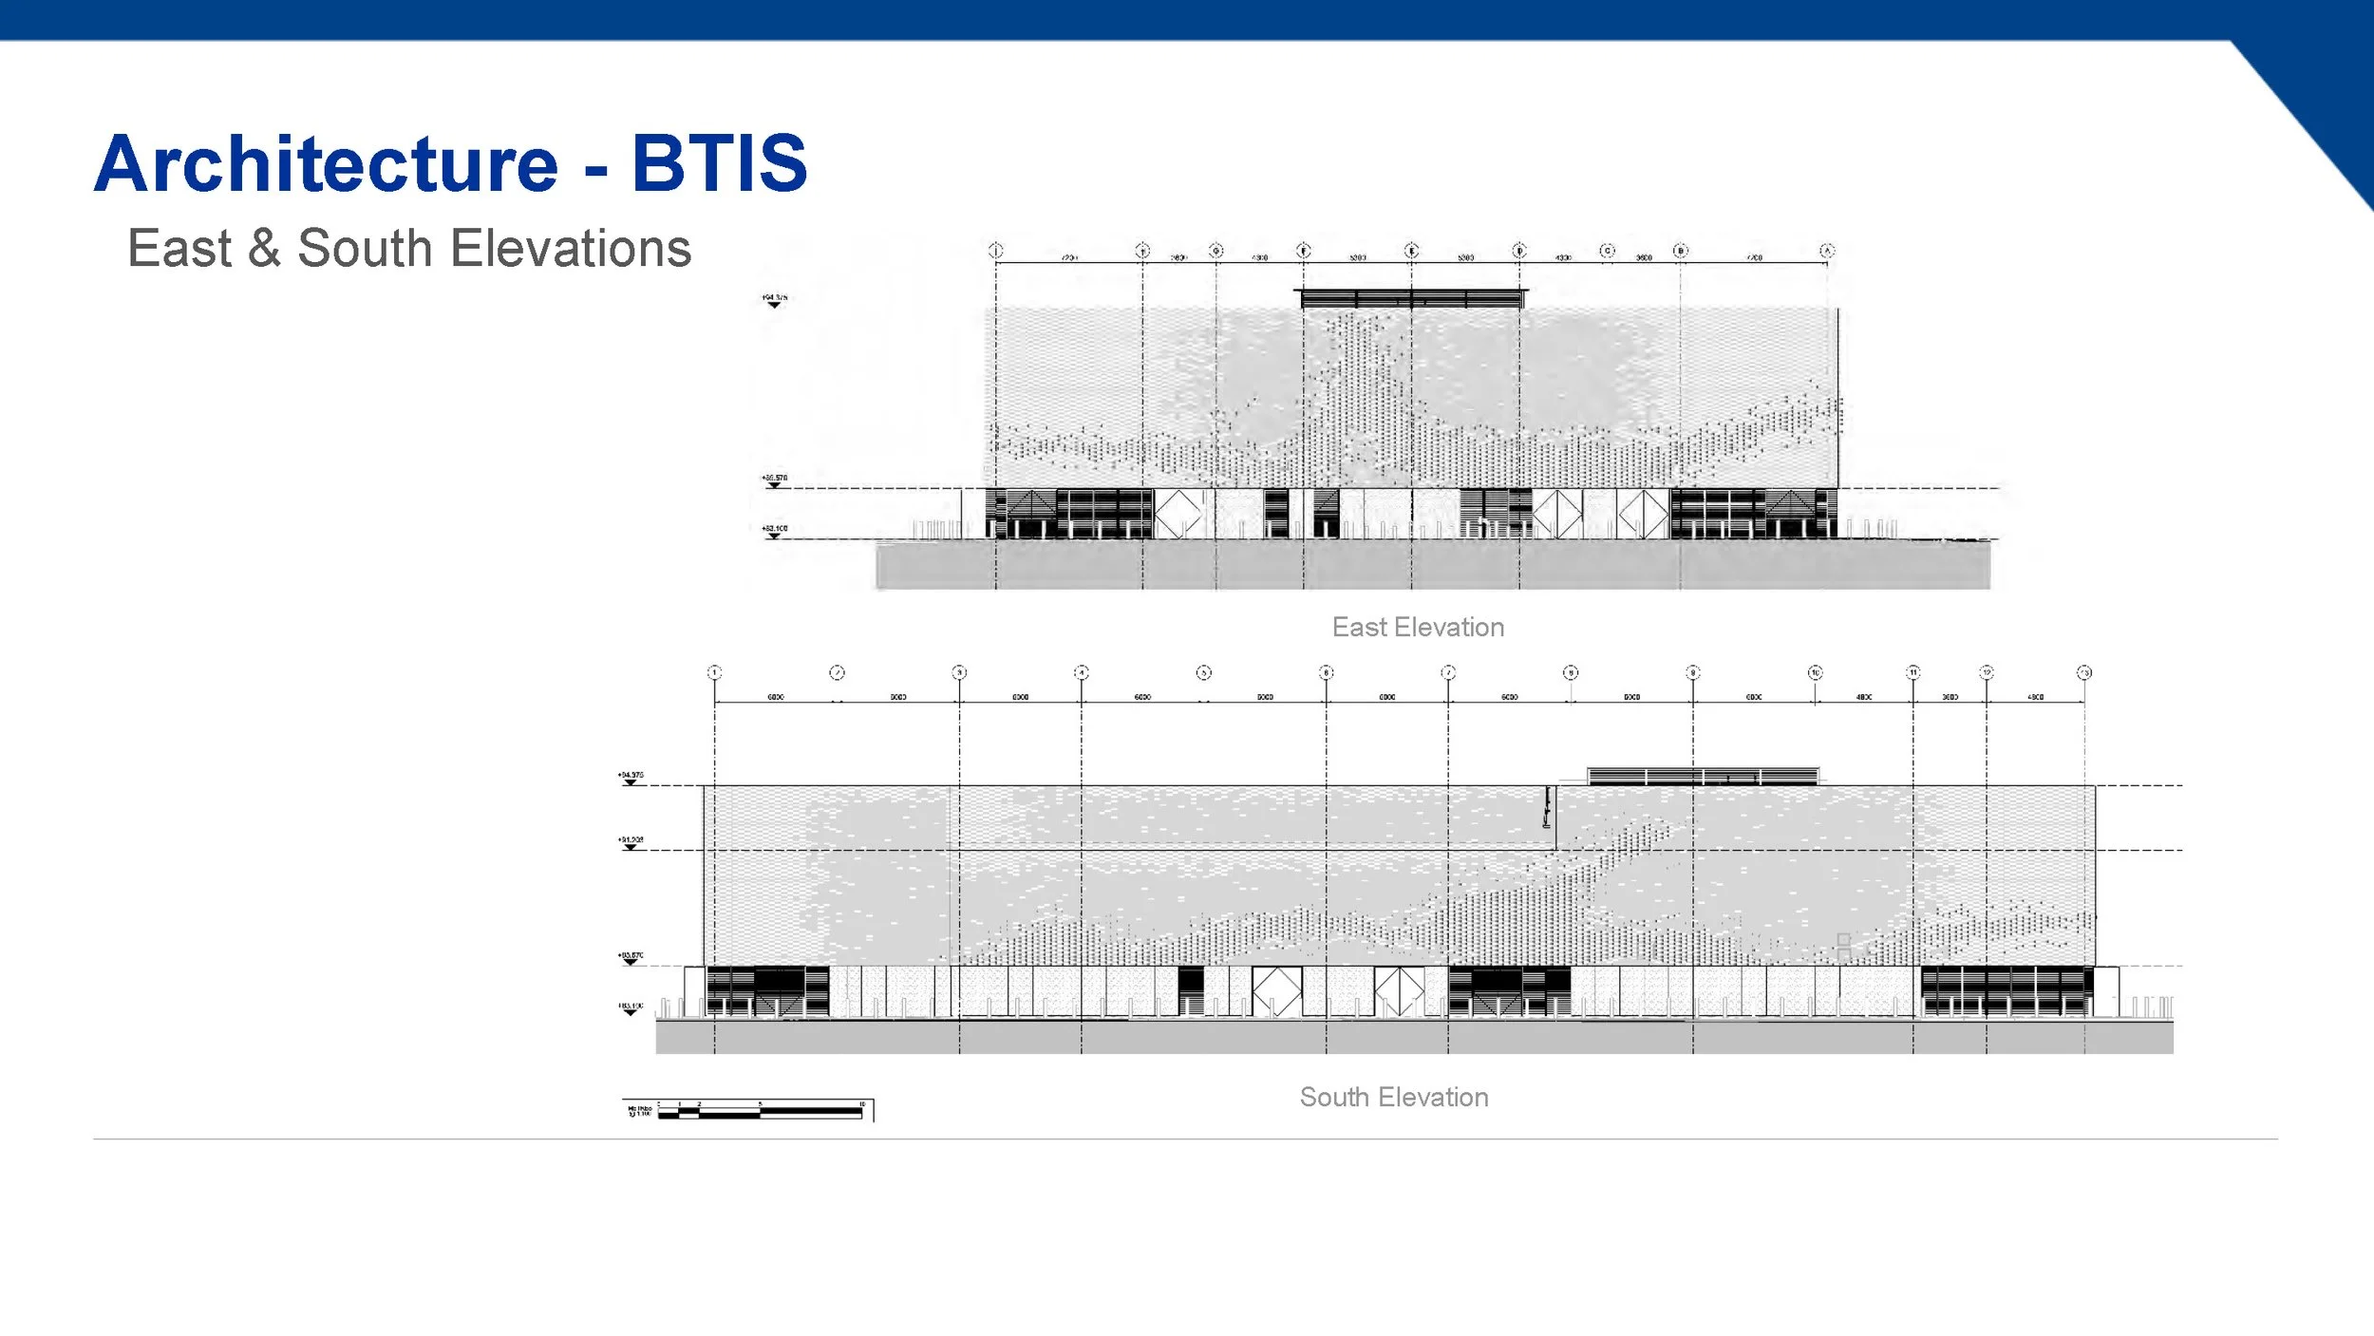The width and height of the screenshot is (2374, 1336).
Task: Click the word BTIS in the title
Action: (719, 163)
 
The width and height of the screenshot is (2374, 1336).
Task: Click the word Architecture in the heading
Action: (326, 163)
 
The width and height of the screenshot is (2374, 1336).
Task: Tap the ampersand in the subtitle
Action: (264, 249)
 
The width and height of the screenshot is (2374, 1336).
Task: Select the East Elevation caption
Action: (1418, 628)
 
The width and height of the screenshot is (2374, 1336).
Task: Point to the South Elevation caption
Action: (1393, 1098)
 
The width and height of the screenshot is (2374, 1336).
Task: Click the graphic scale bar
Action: (760, 1110)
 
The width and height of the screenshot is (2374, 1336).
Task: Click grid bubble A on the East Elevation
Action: (1827, 251)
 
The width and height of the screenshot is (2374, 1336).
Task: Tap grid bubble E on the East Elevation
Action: (1412, 251)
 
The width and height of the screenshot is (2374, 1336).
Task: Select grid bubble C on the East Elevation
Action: (1607, 251)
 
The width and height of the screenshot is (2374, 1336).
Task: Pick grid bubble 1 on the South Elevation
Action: (715, 672)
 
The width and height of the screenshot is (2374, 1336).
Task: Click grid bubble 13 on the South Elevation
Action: (2084, 672)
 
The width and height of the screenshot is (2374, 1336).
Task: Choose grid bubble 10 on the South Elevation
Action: (1815, 672)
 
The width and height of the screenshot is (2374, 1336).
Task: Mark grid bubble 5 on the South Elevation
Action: (1203, 672)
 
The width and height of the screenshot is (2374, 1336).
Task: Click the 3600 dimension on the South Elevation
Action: (1950, 697)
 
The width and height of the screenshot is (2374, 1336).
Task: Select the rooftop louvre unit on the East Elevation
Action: (1412, 298)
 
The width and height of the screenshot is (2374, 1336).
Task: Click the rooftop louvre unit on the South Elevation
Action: (1703, 776)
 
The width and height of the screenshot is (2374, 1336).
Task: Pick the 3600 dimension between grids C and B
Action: (1644, 257)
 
